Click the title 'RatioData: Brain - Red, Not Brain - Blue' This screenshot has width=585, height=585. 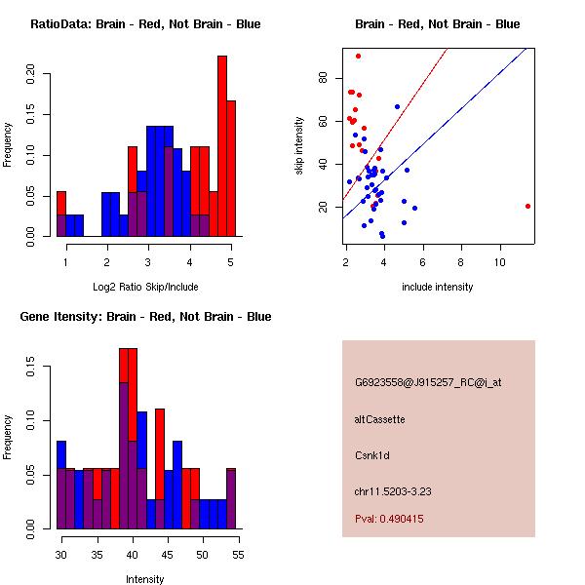pos(145,24)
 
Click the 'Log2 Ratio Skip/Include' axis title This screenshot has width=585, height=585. pos(144,287)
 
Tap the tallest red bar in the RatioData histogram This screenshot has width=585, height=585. pos(222,146)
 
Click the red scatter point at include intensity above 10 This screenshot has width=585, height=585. pos(527,206)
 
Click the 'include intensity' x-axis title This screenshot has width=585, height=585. pos(437,287)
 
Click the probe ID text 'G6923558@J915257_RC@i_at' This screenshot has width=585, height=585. pos(428,383)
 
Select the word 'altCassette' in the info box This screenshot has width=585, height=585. pos(379,419)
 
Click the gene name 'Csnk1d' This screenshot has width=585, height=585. pos(372,455)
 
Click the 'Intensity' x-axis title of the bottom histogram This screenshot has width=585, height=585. pos(144,579)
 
